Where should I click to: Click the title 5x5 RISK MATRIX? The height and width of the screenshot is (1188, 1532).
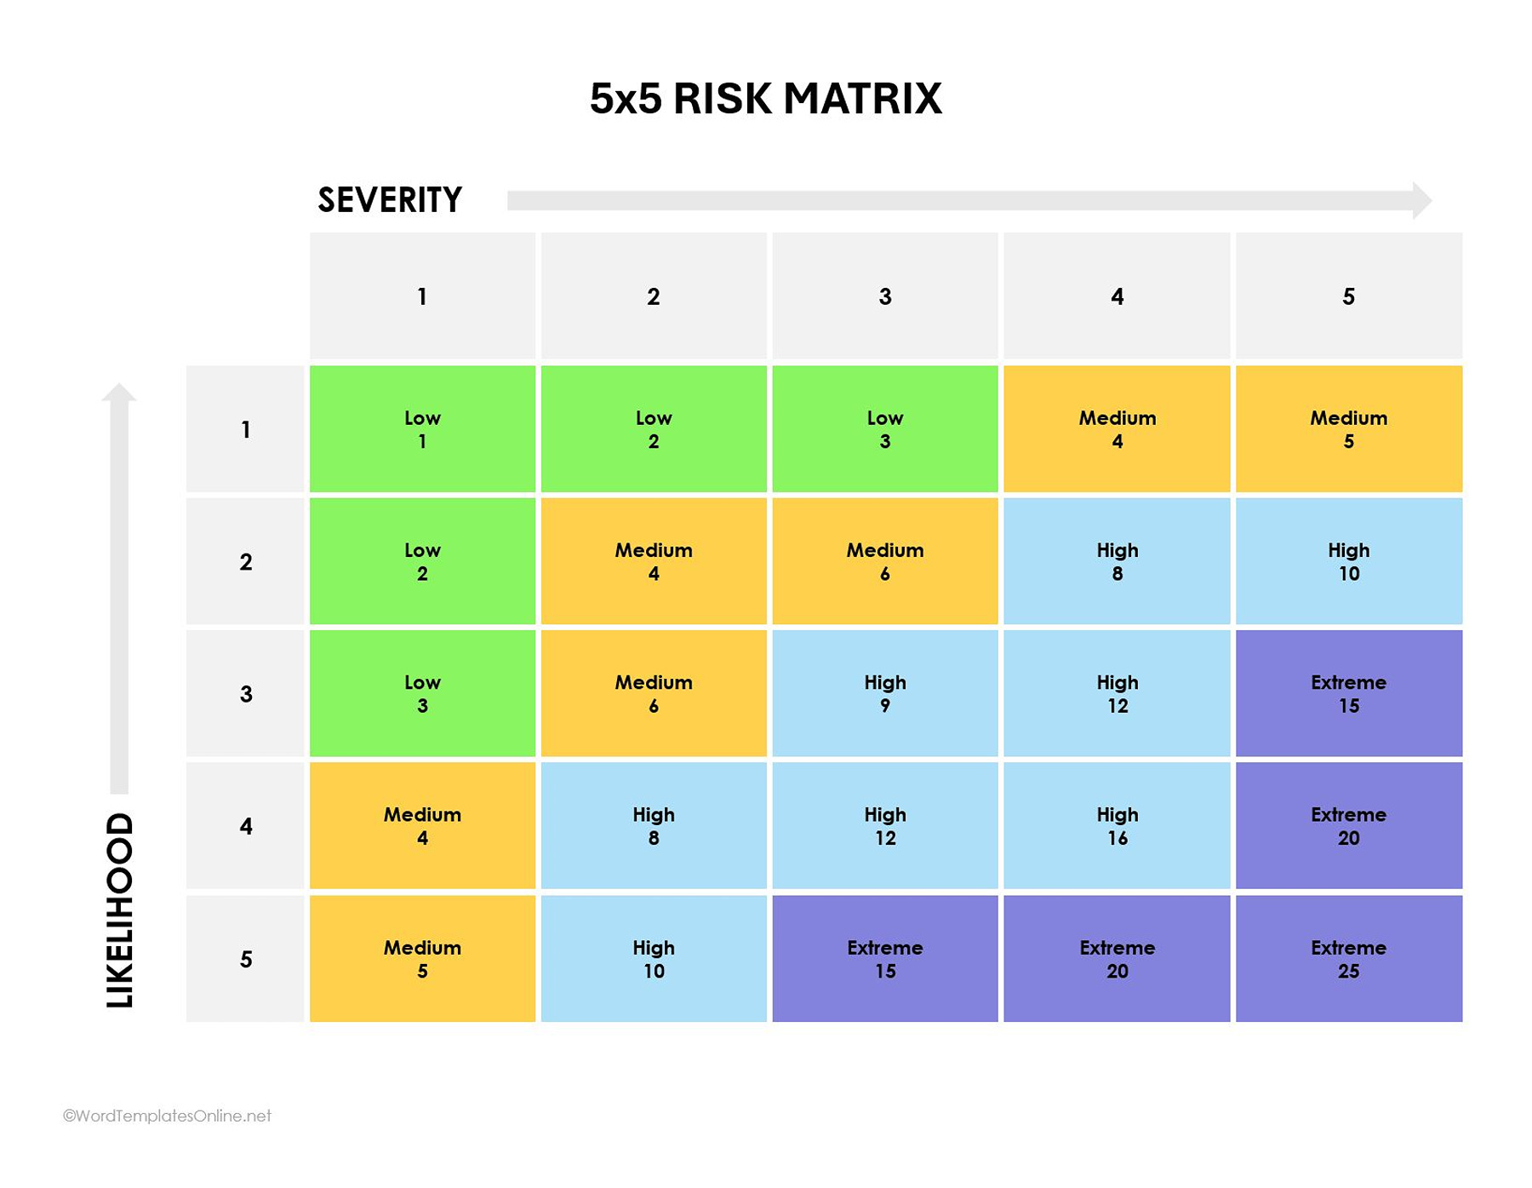tap(765, 99)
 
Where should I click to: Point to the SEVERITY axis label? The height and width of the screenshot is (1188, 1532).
tap(390, 200)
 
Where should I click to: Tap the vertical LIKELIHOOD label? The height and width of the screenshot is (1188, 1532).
tap(120, 910)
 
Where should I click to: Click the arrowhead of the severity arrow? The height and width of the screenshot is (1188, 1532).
tap(1421, 200)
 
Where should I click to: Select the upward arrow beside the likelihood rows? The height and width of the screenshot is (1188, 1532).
tap(119, 588)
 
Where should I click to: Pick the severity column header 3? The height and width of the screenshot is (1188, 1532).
tap(885, 296)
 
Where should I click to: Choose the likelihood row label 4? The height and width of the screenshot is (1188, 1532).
tap(246, 826)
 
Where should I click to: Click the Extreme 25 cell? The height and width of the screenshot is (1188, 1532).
tap(1348, 959)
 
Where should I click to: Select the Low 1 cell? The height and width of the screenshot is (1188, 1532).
tap(422, 429)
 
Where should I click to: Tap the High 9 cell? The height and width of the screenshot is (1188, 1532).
tap(885, 693)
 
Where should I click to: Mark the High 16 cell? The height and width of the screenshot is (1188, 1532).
tap(1117, 826)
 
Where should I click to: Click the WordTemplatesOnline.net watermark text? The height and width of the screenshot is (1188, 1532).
tap(168, 1116)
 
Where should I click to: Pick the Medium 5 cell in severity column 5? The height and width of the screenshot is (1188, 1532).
tap(1348, 429)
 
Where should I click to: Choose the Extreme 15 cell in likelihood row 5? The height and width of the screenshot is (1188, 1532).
tap(885, 959)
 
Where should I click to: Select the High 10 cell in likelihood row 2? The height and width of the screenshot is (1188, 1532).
tap(1348, 561)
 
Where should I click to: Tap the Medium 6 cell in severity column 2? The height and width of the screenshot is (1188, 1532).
tap(654, 693)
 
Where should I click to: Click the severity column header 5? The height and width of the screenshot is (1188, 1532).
tap(1348, 296)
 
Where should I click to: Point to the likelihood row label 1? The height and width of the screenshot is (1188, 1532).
tap(246, 429)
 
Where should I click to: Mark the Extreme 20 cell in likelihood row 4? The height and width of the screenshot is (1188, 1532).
tap(1348, 826)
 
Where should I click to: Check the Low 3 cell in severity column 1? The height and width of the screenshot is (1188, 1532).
tap(422, 693)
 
